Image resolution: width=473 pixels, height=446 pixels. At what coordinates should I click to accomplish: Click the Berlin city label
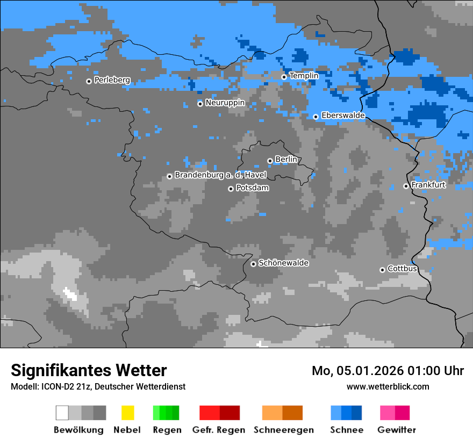pos(286,160)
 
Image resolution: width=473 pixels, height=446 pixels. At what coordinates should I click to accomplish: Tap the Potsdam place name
pos(252,188)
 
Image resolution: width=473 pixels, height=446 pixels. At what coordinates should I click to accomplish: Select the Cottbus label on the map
pos(403,269)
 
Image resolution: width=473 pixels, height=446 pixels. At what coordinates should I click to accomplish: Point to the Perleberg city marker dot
pos(89,81)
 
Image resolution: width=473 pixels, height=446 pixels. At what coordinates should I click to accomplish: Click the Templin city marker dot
pos(284,77)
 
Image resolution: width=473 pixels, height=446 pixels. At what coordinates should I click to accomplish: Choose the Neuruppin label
pos(225,103)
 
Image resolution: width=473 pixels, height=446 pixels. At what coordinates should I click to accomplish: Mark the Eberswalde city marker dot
pos(316,117)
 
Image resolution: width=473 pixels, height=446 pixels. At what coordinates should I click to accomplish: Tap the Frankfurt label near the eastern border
pos(428,185)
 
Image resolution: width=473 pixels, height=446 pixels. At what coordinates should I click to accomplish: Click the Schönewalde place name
pos(283,263)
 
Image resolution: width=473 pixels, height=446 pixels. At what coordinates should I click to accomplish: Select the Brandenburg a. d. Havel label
pos(220,175)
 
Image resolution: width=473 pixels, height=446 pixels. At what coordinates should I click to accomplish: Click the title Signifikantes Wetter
pos(89,370)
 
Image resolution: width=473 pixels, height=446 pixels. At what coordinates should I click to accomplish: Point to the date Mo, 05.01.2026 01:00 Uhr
pos(388,371)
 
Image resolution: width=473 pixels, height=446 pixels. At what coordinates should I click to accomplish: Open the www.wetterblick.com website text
pos(388,386)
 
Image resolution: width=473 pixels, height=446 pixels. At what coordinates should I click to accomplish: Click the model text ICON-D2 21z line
pos(98,386)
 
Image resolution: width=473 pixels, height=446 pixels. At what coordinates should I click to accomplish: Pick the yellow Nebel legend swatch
pos(127,413)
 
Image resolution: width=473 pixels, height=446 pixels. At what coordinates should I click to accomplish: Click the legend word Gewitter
pos(397,430)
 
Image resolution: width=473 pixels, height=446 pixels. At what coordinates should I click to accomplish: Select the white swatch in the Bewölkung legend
pos(62,413)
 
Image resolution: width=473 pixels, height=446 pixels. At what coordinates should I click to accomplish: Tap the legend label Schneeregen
pos(283,430)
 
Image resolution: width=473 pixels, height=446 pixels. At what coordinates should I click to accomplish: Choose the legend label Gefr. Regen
pos(218,430)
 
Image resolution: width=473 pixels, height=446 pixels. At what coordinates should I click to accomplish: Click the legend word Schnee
pos(347,430)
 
